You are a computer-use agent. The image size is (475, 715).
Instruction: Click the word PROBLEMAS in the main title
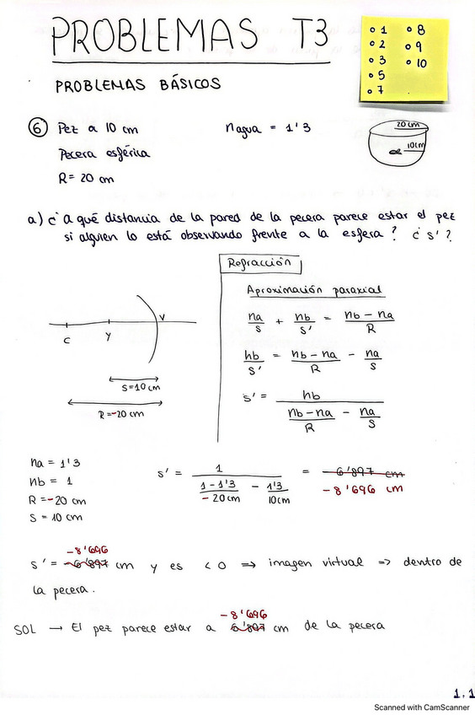[x=155, y=38]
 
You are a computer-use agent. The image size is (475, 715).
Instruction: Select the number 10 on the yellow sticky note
[x=420, y=63]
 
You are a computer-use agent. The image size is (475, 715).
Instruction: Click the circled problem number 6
[x=37, y=129]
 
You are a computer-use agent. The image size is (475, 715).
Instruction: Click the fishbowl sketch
[x=401, y=144]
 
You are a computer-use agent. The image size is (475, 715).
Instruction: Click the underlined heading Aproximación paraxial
[x=314, y=290]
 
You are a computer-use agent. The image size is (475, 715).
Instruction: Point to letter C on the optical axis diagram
[x=67, y=341]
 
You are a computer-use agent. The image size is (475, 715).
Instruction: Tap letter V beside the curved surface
[x=163, y=318]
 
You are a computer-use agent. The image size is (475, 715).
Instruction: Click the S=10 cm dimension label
[x=135, y=387]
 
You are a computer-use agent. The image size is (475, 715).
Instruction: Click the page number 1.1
[x=462, y=694]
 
